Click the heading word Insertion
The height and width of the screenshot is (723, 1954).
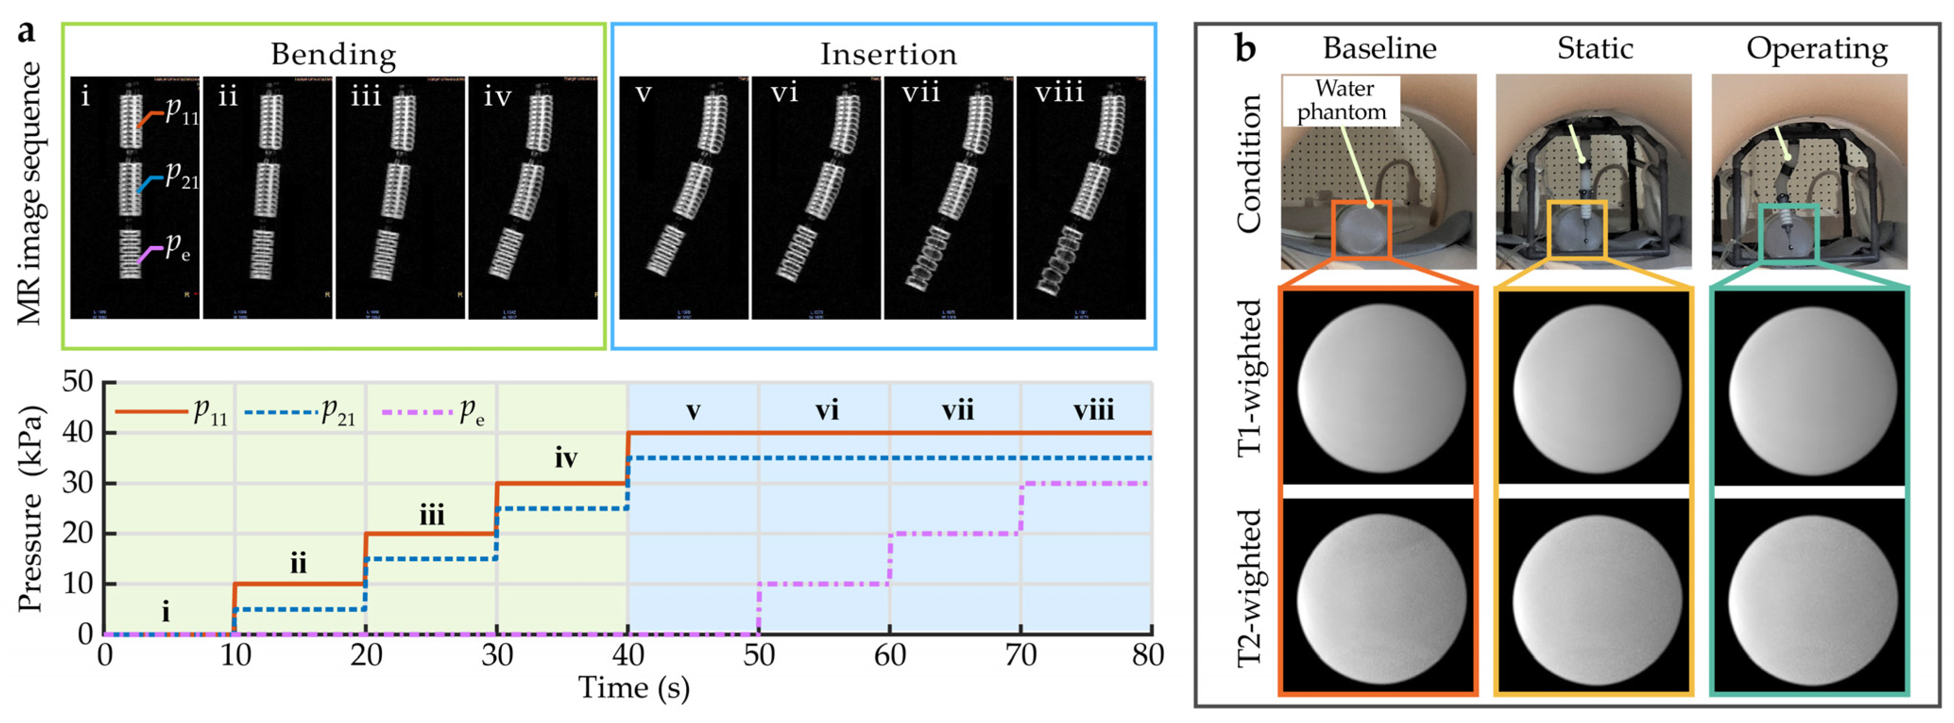click(x=888, y=55)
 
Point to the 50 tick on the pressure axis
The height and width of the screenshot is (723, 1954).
click(x=78, y=382)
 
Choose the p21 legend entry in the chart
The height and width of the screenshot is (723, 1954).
click(x=300, y=412)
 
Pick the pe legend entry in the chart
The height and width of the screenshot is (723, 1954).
click(x=432, y=412)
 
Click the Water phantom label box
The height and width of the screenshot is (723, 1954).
click(x=1341, y=100)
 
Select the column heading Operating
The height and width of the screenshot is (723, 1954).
click(x=1817, y=49)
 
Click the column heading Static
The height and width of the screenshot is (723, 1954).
click(x=1594, y=49)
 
